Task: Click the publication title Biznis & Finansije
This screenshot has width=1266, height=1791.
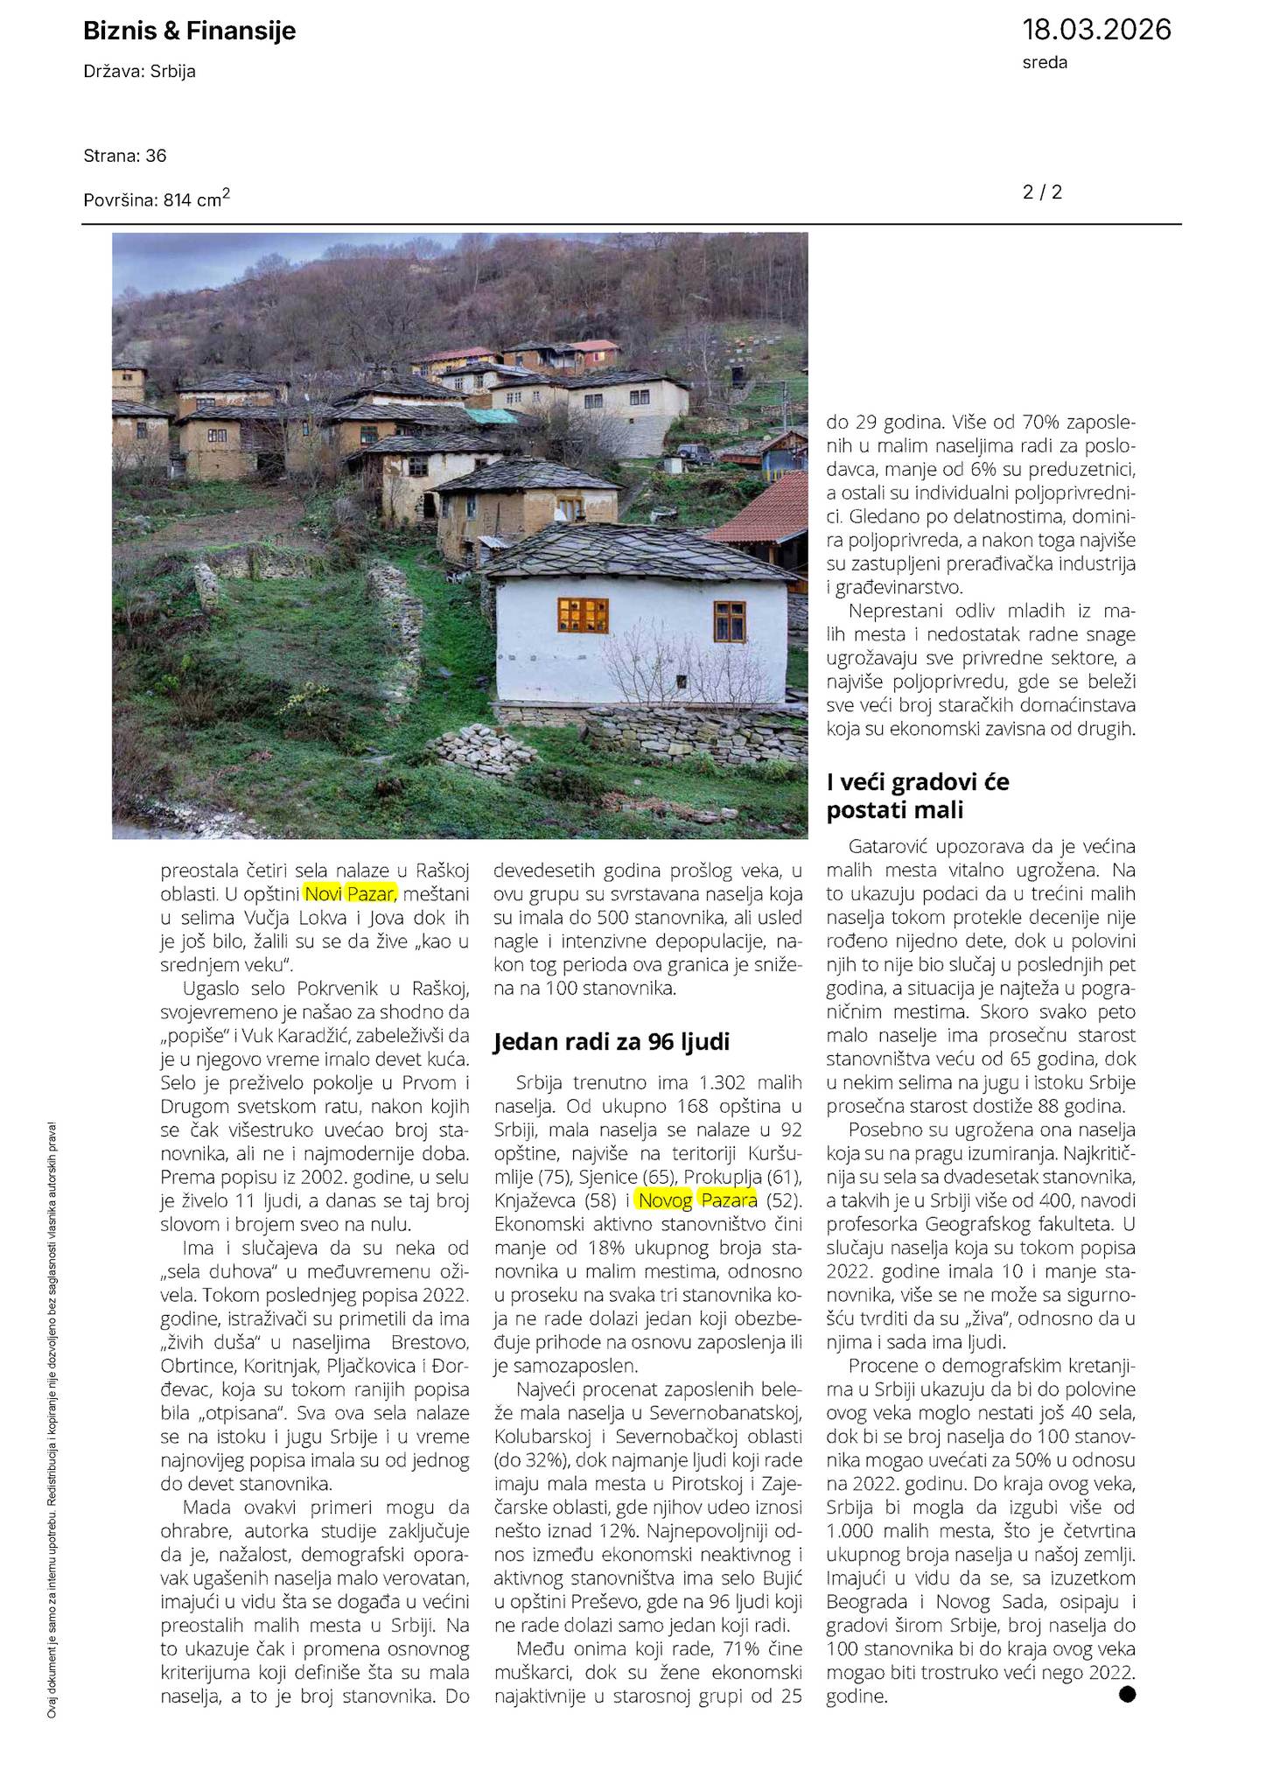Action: coord(189,31)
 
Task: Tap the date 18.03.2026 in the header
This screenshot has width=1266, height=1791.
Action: coord(1096,30)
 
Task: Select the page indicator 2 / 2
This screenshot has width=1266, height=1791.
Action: coord(1042,192)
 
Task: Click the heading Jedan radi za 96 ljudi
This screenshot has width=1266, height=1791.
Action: coord(612,1041)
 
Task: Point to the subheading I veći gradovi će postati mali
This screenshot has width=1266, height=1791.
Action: coord(918,795)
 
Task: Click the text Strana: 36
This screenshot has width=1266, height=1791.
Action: coord(125,156)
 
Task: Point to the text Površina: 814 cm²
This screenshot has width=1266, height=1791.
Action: coord(157,199)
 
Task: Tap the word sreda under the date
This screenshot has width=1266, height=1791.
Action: coord(1045,62)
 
